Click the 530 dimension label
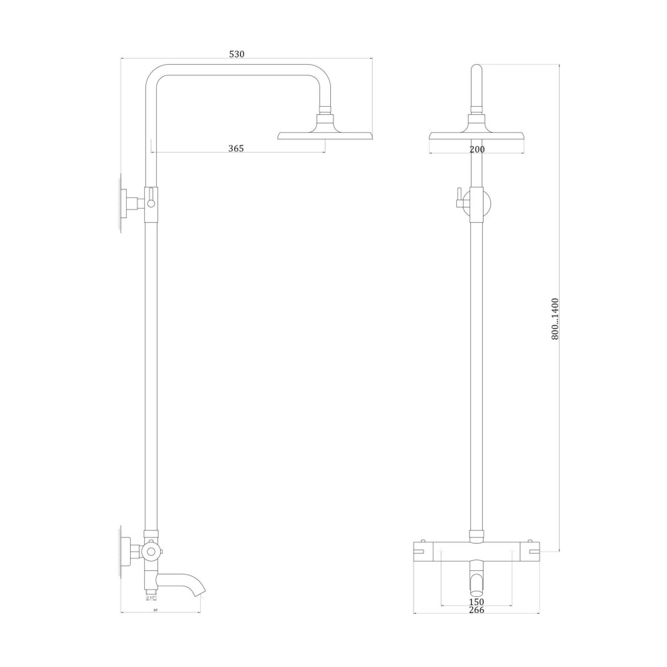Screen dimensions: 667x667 pyautogui.click(x=237, y=54)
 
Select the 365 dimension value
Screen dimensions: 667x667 pyautogui.click(x=236, y=149)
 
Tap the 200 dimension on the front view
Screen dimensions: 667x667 pyautogui.click(x=476, y=149)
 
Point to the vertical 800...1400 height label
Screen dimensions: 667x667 pyautogui.click(x=556, y=319)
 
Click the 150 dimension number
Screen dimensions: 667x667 pyautogui.click(x=476, y=602)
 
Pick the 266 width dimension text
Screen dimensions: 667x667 pyautogui.click(x=476, y=610)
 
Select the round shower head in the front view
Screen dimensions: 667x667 pyautogui.click(x=476, y=135)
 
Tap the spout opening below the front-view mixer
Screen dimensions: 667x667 pyautogui.click(x=476, y=584)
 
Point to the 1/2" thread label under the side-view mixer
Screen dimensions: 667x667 pyautogui.click(x=151, y=598)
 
